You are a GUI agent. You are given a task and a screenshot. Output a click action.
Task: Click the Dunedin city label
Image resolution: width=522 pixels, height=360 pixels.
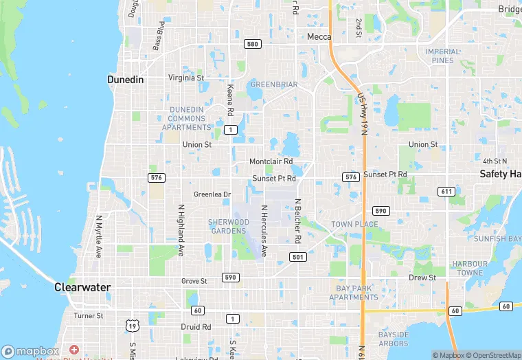(x=126, y=80)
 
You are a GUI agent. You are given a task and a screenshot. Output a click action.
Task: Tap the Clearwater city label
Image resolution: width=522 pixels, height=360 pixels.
(x=82, y=288)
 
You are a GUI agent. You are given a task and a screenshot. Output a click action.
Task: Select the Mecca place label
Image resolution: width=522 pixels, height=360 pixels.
(x=319, y=37)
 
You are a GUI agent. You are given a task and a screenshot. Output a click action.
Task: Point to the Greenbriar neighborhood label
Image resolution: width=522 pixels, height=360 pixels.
(x=273, y=85)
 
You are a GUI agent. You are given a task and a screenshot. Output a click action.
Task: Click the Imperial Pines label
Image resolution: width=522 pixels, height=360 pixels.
(x=443, y=56)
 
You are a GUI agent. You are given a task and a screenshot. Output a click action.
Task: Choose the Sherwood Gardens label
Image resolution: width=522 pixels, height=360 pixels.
(x=228, y=226)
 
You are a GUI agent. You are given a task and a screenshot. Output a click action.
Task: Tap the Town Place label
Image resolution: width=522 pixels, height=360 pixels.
(x=354, y=225)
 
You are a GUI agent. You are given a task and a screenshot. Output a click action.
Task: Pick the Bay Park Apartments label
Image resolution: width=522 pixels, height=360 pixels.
(x=353, y=293)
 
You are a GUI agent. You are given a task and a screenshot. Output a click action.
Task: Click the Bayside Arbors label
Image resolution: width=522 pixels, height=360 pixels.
(x=393, y=339)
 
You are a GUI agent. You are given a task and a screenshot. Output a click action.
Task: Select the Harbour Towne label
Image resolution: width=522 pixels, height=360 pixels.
(x=470, y=268)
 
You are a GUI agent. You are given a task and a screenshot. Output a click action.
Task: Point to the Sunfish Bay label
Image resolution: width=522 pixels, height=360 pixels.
(x=497, y=239)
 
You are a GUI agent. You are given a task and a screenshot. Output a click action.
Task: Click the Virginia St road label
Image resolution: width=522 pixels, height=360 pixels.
(x=186, y=78)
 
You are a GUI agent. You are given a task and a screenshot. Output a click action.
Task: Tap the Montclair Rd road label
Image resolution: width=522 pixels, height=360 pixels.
(x=271, y=161)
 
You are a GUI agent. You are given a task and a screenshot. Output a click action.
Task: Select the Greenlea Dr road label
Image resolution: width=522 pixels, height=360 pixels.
(x=212, y=194)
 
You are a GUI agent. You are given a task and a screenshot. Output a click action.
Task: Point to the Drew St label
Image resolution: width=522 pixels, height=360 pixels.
(x=422, y=278)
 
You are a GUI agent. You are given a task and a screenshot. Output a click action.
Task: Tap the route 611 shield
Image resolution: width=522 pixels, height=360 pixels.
(x=447, y=190)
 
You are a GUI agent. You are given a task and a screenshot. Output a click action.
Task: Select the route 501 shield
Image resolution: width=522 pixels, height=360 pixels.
(x=297, y=257)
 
